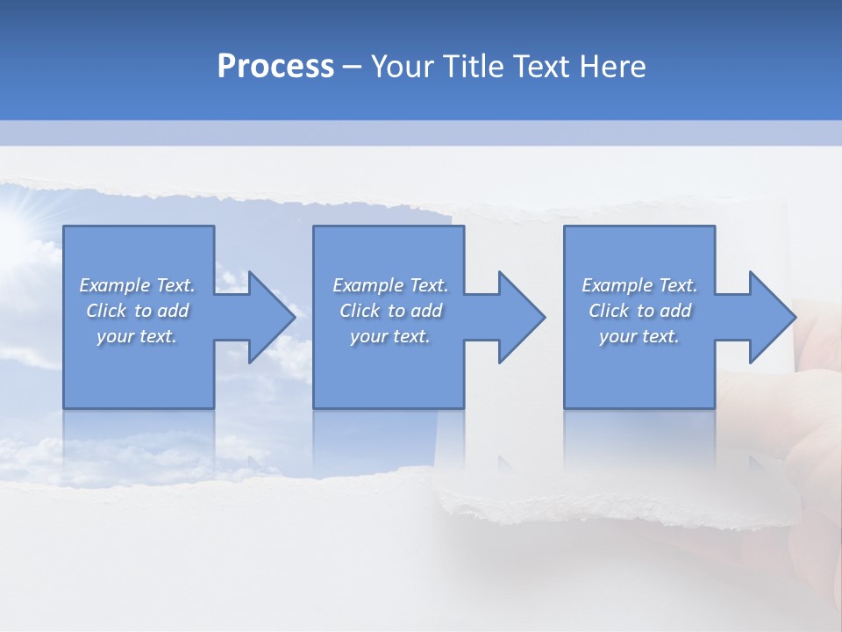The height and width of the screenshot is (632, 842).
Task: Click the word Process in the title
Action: pyautogui.click(x=275, y=66)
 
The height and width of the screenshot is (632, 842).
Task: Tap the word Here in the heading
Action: pyautogui.click(x=614, y=66)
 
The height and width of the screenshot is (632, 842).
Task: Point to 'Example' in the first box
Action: pyautogui.click(x=114, y=285)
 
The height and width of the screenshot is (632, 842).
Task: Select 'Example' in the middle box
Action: pyautogui.click(x=367, y=285)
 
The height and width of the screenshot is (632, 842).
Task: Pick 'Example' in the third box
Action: pyautogui.click(x=617, y=285)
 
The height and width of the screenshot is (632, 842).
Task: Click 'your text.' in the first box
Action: pyautogui.click(x=137, y=336)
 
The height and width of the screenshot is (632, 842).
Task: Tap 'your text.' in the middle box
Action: pyautogui.click(x=389, y=336)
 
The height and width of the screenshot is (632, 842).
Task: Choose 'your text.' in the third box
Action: pyautogui.click(x=639, y=336)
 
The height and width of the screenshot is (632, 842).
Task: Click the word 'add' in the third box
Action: pyautogui.click(x=675, y=311)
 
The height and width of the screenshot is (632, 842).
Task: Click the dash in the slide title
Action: pyautogui.click(x=353, y=67)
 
